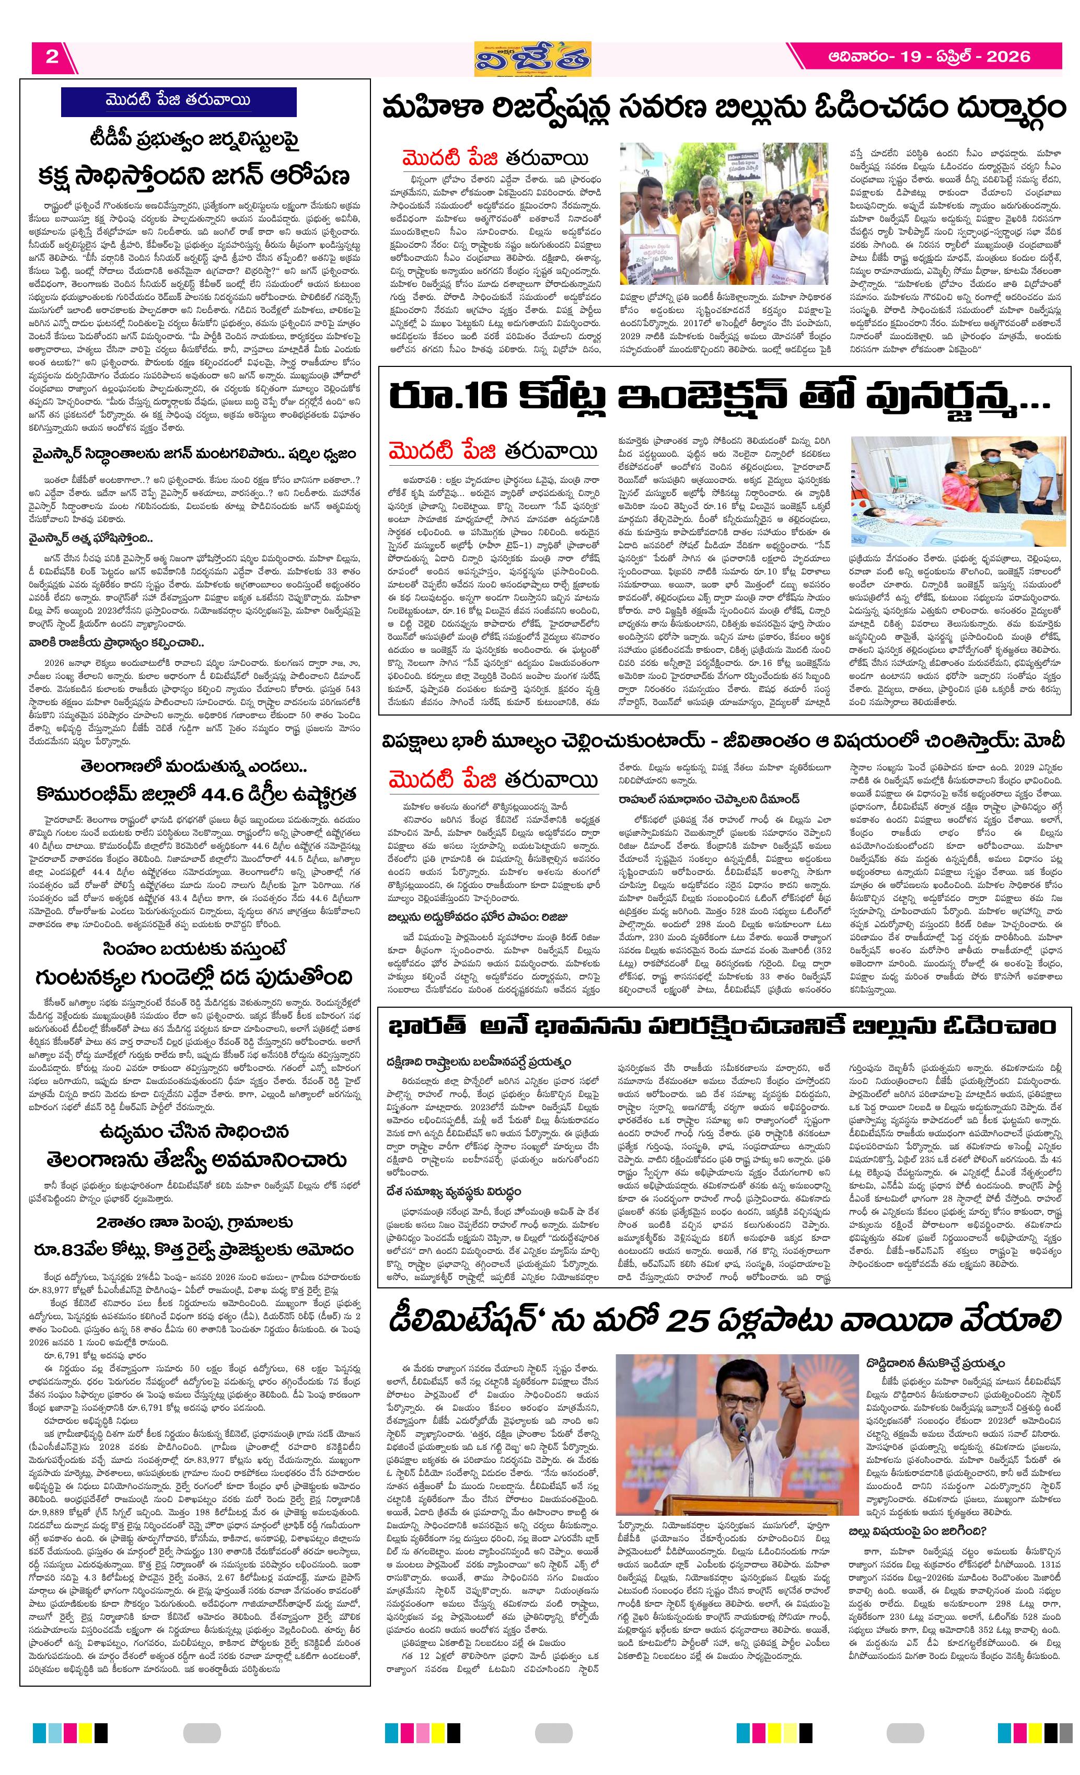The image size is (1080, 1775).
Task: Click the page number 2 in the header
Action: pos(51,57)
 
